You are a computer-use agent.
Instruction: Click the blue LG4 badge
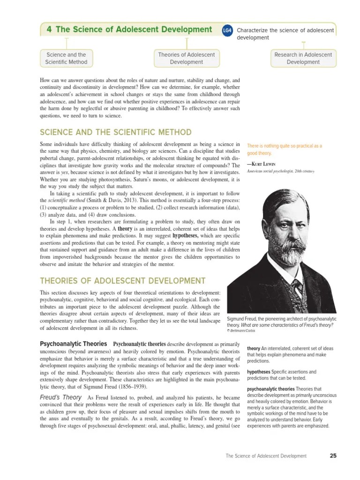point(227,30)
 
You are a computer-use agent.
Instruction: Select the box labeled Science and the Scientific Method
point(66,58)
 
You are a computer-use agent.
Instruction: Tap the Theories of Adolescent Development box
point(186,58)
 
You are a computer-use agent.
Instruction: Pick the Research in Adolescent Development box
point(303,58)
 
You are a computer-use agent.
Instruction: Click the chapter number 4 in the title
point(49,30)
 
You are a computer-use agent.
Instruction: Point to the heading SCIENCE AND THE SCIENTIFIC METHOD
point(116,132)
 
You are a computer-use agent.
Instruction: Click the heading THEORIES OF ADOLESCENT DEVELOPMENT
point(122,281)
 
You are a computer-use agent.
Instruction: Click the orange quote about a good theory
point(284,150)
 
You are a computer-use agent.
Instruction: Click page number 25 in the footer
point(333,456)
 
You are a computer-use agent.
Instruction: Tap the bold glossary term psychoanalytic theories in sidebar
point(270,389)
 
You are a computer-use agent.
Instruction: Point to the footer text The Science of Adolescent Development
point(266,456)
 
